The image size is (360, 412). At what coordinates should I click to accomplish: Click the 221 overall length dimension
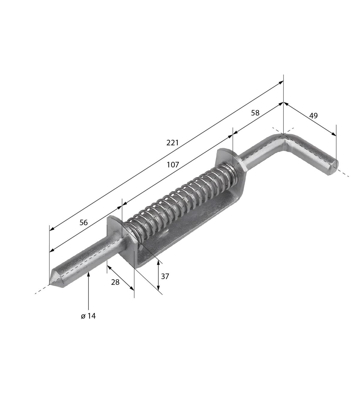tap(172, 143)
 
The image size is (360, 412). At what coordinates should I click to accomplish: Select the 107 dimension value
tap(173, 165)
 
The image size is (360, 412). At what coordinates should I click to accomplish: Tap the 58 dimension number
tap(255, 113)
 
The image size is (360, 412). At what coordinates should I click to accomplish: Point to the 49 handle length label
tap(313, 116)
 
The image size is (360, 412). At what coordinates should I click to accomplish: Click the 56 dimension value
tap(84, 223)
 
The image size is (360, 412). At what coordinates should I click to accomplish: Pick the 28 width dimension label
tap(115, 282)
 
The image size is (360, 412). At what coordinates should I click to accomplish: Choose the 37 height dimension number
tap(165, 277)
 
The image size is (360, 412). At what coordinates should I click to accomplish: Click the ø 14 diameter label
tap(88, 316)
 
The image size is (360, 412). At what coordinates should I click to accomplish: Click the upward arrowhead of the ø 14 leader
tap(88, 274)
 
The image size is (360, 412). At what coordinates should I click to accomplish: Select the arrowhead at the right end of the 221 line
tap(281, 82)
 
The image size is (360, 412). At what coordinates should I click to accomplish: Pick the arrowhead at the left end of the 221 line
tap(52, 229)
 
